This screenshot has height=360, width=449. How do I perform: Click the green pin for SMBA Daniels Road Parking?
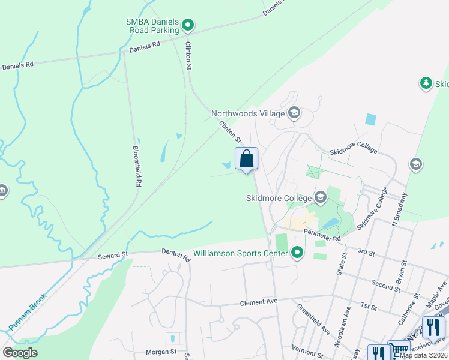pyautogui.click(x=188, y=25)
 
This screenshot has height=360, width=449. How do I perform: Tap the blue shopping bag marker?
pyautogui.click(x=246, y=160)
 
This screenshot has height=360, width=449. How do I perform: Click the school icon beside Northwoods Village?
pyautogui.click(x=294, y=113)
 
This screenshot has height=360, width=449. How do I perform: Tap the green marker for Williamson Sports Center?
pyautogui.click(x=295, y=253)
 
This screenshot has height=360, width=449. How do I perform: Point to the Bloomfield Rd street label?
pyautogui.click(x=137, y=166)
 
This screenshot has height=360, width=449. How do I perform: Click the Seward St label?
pyautogui.click(x=113, y=256)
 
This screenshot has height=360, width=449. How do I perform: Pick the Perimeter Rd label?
pyautogui.click(x=322, y=235)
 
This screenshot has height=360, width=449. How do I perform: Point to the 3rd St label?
pyautogui.click(x=366, y=251)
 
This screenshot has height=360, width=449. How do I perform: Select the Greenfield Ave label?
pyautogui.click(x=313, y=319)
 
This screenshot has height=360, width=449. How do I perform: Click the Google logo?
pyautogui.click(x=20, y=353)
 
